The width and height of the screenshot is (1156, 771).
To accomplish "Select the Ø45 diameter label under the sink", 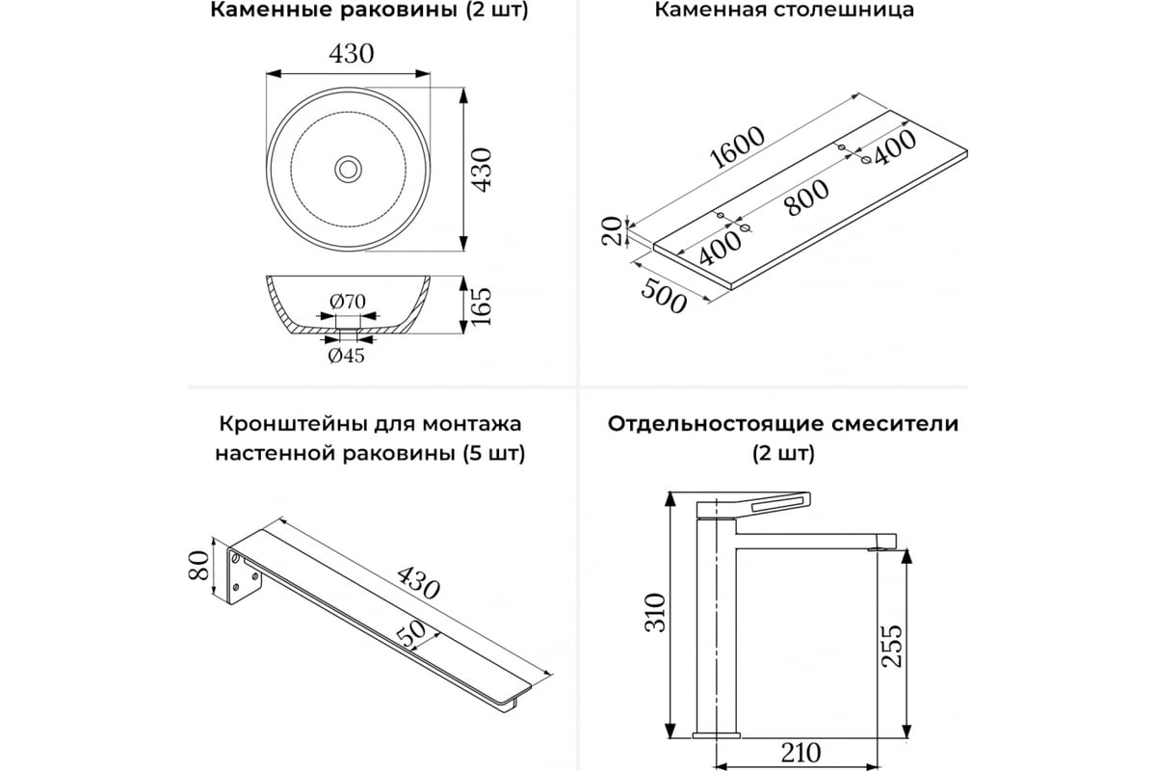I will (x=346, y=356).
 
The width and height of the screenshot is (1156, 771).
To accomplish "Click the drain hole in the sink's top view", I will (x=347, y=170).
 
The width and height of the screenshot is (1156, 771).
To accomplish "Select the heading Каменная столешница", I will (x=784, y=12).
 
